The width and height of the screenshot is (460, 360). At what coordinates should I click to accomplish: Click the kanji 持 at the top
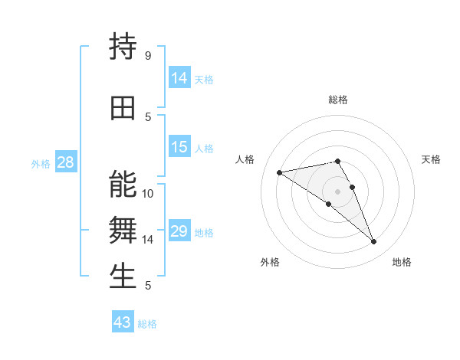123,47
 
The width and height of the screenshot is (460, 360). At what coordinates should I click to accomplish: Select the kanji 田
123,108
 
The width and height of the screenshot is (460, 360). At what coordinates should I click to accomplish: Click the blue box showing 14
179,78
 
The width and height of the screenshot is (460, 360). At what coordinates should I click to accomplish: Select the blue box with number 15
179,147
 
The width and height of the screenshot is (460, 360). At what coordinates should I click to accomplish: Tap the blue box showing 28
65,162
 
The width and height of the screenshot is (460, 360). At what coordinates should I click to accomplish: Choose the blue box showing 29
179,231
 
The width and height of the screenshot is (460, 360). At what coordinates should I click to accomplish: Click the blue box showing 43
122,322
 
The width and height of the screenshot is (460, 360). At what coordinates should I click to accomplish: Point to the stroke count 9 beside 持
147,56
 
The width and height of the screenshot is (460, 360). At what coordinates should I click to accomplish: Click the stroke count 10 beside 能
148,194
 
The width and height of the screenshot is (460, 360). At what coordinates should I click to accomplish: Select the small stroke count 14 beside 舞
148,240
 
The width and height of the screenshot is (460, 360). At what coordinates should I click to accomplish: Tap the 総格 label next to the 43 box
147,324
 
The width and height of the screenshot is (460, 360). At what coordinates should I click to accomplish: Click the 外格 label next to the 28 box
41,164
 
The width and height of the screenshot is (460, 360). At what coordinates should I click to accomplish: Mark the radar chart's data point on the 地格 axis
373,242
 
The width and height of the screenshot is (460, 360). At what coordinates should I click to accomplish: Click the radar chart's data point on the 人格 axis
279,172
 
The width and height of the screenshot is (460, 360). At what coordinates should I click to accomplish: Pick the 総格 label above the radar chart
338,100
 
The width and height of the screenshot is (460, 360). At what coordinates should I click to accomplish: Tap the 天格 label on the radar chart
432,159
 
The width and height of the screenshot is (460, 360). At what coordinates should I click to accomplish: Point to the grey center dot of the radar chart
337,191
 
